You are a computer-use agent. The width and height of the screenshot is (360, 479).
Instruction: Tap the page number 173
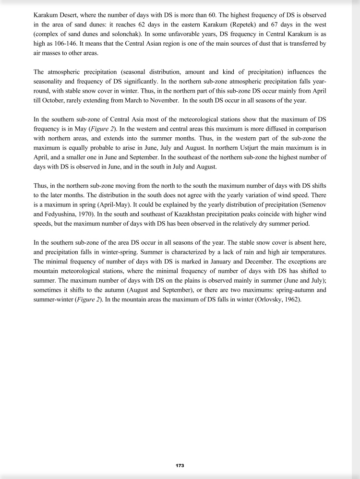(x=180, y=466)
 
